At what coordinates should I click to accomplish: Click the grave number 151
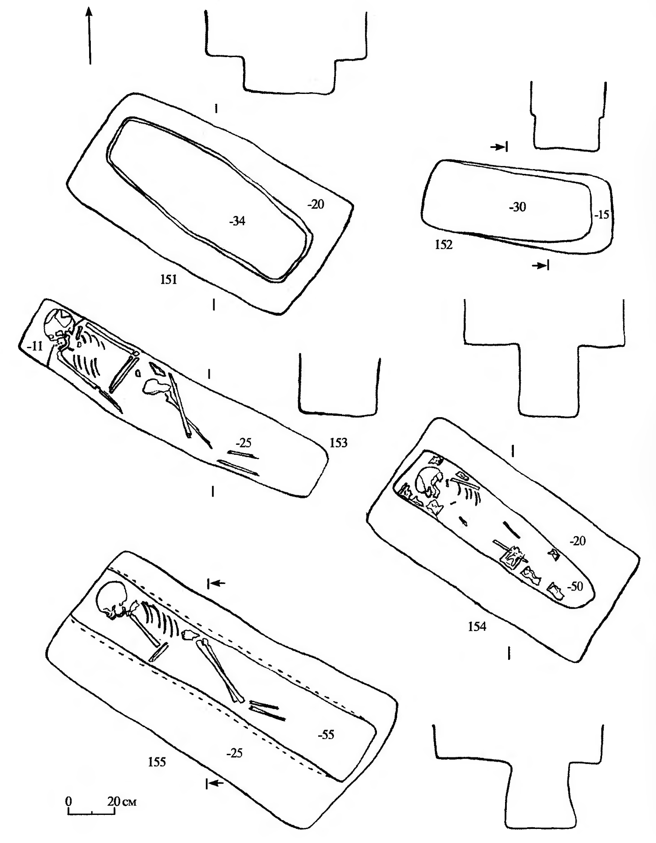[168, 279]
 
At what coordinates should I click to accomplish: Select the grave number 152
[444, 245]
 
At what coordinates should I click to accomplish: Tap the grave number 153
[338, 443]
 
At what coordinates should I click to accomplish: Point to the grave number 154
[477, 627]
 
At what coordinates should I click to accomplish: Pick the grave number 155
[157, 762]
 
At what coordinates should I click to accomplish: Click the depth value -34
[237, 221]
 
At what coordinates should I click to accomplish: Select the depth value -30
[517, 207]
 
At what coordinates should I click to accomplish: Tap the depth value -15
[602, 215]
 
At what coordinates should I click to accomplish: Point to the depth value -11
[35, 346]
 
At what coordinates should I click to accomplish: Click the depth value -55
[326, 735]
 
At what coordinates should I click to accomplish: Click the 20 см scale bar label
[122, 802]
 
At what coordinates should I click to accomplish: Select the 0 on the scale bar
[68, 802]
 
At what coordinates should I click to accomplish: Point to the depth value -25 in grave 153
[243, 442]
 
